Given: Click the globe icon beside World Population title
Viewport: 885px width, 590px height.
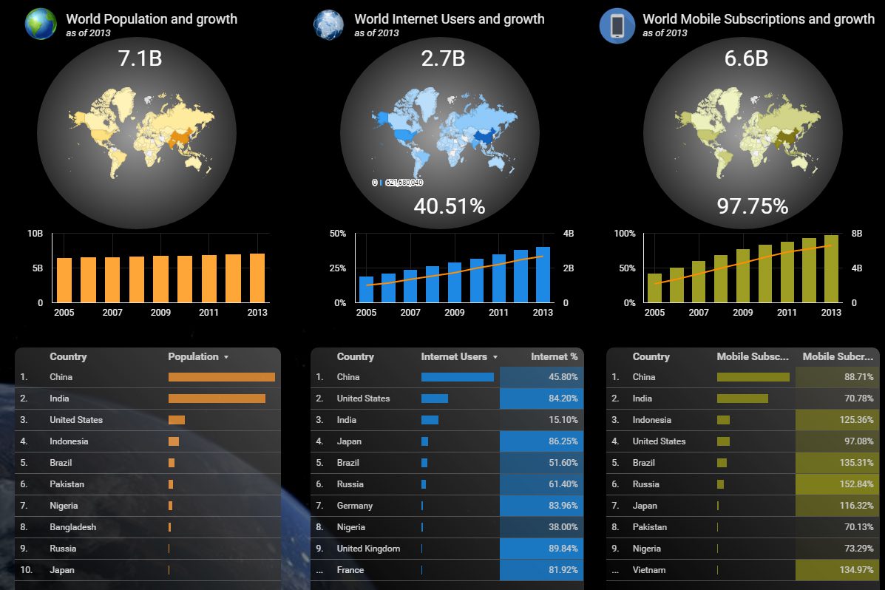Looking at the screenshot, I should point(41,24).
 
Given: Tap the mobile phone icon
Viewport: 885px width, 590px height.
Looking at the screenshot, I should point(617,25).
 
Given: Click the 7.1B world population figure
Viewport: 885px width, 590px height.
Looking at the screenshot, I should point(140,58).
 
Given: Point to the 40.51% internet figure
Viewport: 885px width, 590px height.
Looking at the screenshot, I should point(449,206).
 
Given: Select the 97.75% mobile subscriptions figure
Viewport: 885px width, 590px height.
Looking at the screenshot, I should point(753,206).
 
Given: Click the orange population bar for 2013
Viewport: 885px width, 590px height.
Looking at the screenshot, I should point(257,278).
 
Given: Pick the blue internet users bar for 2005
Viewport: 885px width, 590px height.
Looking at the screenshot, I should point(366,289).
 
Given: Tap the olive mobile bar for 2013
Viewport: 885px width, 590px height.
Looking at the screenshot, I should point(832,269).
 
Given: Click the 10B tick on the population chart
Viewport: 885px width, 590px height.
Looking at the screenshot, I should point(35,234).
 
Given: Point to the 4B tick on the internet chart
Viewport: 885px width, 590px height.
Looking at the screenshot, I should point(569,234).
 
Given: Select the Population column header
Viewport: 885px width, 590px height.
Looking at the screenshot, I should point(194,356).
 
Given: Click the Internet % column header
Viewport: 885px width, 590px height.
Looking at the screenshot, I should point(554,356).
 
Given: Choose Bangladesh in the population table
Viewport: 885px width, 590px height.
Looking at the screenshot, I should point(72,527).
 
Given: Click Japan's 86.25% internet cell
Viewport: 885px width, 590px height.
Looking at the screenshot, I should point(541,441).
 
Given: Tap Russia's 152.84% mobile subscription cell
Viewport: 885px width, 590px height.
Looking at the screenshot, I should point(837,484).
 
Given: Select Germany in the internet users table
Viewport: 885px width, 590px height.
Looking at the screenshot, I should point(355,506).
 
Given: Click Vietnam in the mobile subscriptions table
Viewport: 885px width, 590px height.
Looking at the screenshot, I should point(649,570).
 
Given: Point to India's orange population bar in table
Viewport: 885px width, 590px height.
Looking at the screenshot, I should point(217,399).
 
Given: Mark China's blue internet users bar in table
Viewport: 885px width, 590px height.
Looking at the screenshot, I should point(457,377).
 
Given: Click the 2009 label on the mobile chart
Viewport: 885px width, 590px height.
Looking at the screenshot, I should point(743,312).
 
